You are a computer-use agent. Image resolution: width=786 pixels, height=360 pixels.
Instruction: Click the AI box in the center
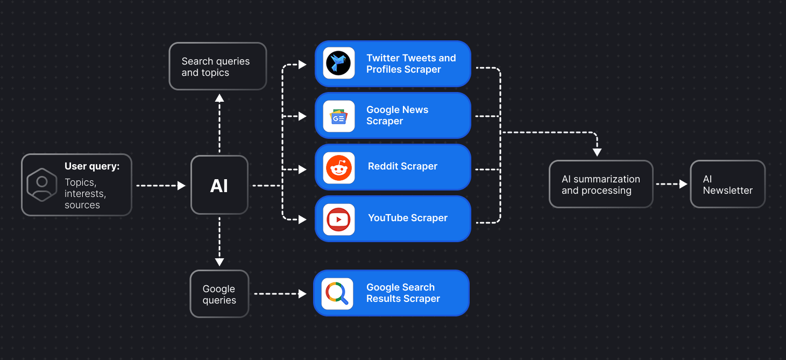point(219,186)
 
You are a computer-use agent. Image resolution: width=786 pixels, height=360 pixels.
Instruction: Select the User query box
point(76,185)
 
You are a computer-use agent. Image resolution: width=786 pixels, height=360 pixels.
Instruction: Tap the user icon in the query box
point(42,185)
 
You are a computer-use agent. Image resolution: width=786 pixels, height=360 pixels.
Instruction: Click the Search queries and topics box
point(217,67)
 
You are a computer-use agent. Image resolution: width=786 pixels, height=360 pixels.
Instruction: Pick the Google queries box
point(219,294)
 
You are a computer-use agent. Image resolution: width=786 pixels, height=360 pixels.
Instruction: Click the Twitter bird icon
point(339,63)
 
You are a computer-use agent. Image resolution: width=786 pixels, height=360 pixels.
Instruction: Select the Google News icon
point(339,116)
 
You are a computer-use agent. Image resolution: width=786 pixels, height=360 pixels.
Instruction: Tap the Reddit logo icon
point(339,168)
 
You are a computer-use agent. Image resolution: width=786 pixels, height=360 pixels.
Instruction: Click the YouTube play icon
point(339,219)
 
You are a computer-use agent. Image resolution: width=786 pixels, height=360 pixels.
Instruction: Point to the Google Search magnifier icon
point(337,294)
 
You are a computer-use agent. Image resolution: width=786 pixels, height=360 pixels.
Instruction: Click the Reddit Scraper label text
point(402,166)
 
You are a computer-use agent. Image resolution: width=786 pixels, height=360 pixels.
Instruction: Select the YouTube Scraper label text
point(408,218)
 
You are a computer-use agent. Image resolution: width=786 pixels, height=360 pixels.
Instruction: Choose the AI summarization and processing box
point(601,185)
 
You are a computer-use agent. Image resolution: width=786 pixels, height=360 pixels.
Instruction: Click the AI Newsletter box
point(727,185)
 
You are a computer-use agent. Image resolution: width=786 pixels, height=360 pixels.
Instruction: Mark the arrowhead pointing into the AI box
point(181,186)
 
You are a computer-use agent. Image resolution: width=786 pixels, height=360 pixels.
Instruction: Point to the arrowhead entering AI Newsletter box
point(683,184)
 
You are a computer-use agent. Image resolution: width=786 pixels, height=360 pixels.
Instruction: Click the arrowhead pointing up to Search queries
point(219,97)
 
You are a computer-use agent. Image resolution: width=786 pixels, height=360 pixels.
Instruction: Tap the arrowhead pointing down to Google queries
point(219,262)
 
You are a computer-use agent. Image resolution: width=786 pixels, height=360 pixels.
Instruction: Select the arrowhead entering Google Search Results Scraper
point(302,294)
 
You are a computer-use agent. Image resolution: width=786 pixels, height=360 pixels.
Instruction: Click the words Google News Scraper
point(397,115)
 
